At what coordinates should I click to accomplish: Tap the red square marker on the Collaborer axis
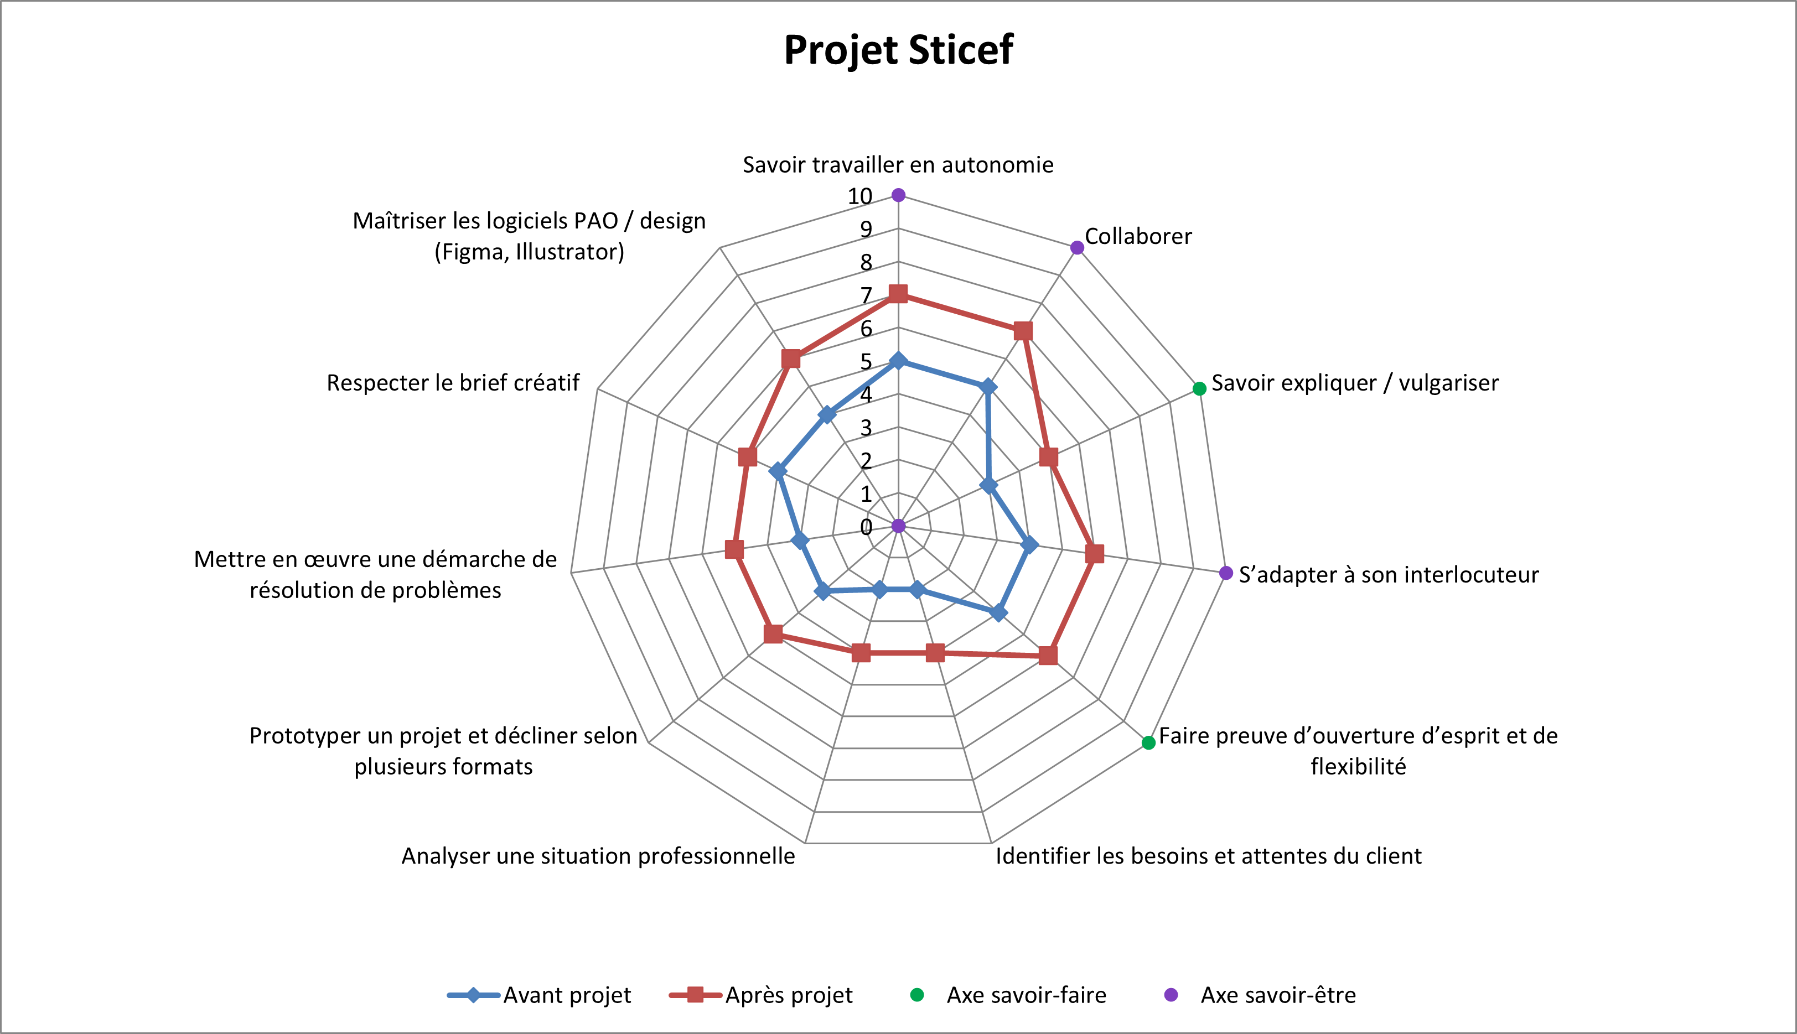pyautogui.click(x=1023, y=331)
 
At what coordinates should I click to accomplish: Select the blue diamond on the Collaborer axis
pyautogui.click(x=987, y=387)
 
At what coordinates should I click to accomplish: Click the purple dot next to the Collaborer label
pyautogui.click(x=1077, y=247)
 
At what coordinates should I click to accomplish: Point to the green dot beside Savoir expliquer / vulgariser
pyautogui.click(x=1199, y=388)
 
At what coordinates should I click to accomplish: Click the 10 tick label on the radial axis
pyautogui.click(x=859, y=196)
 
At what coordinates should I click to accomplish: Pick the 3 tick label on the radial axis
pyautogui.click(x=866, y=428)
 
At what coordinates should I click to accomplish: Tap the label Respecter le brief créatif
pyautogui.click(x=453, y=383)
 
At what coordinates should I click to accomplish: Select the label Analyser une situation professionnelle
pyautogui.click(x=598, y=856)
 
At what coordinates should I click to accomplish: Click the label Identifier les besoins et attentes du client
pyautogui.click(x=1208, y=856)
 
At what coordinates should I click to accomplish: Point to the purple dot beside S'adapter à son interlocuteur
pyautogui.click(x=1225, y=573)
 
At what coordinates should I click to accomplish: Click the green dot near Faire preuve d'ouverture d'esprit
pyautogui.click(x=1148, y=743)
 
